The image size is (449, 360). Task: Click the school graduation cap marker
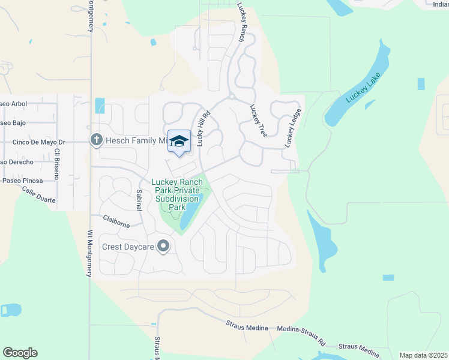coord(179,141)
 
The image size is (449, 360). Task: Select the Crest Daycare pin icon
coord(162,246)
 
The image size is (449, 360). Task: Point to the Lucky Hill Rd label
coord(203,129)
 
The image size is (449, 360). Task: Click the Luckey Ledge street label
coord(292,127)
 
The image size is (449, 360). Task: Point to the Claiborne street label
coord(116,221)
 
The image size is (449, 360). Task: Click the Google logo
coord(20,353)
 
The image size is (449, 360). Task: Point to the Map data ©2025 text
coord(423,355)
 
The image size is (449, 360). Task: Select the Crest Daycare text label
coord(127,247)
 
